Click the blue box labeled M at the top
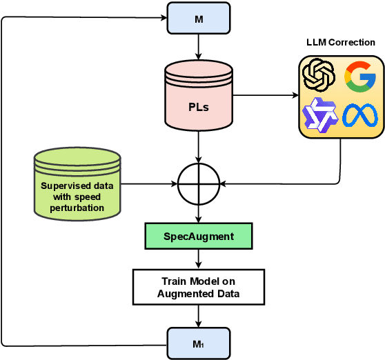199,19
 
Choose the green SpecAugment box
199,237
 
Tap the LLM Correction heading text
341,43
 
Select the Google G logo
359,75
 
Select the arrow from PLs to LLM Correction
266,94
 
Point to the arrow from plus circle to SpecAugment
199,214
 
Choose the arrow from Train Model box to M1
199,316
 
